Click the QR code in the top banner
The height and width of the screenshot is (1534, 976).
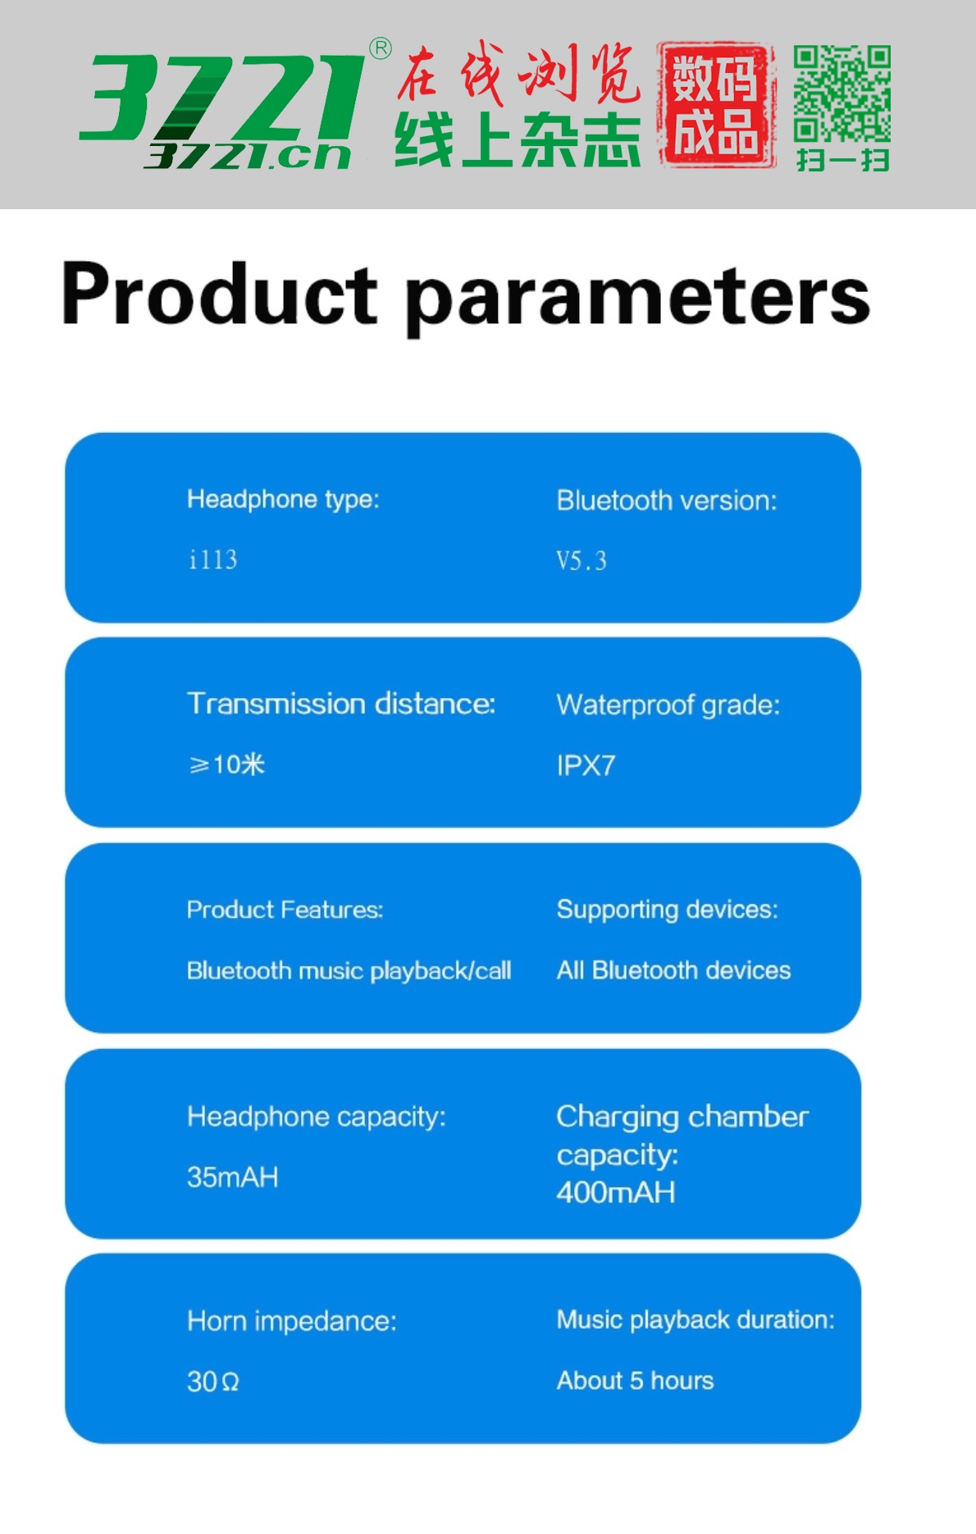coord(842,94)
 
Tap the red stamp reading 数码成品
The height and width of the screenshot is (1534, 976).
coord(717,105)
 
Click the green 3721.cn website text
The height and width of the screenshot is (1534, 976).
coord(248,156)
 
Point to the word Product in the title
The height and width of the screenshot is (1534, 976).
coord(220,294)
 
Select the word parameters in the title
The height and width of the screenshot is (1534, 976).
coord(638,297)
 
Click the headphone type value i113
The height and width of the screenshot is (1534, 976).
coord(213,559)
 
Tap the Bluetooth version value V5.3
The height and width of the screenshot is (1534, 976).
coord(581,561)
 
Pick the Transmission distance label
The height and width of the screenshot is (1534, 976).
coord(341,704)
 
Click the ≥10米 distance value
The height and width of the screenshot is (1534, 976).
coord(226,765)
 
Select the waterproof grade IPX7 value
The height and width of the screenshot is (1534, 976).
coord(586,765)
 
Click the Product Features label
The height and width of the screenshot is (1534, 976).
coord(285,910)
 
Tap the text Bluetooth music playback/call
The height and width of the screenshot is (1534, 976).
coord(349,971)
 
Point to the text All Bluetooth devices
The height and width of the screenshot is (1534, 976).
coord(673,970)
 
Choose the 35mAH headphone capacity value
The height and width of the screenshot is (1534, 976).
coord(233,1177)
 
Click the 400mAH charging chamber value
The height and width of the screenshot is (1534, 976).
coord(616,1192)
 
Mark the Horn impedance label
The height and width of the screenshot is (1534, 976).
coord(292,1321)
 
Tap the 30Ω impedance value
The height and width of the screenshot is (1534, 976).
coord(213,1381)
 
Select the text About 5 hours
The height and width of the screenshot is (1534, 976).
coord(635,1381)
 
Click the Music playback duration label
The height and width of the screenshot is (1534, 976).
coord(696,1320)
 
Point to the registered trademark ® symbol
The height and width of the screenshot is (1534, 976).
coord(381,48)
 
